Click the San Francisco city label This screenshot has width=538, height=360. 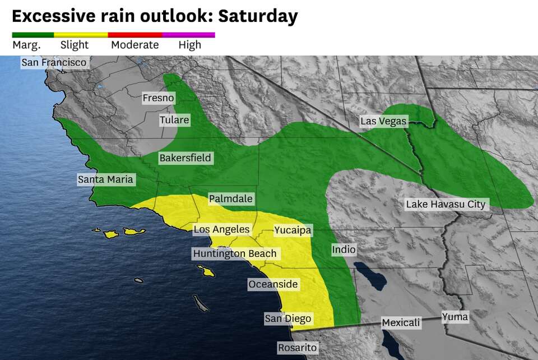click(54, 62)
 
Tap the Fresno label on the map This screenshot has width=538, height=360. click(158, 98)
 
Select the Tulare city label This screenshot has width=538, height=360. click(174, 120)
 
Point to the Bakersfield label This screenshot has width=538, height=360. click(185, 158)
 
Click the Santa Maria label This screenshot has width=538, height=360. click(105, 179)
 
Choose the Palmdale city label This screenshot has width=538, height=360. click(230, 199)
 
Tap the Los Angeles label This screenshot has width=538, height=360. click(221, 229)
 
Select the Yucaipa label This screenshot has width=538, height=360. click(292, 230)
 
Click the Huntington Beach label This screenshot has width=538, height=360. click(235, 253)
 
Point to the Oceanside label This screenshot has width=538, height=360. click(273, 284)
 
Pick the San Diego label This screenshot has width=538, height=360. click(287, 319)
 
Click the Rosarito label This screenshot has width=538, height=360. click(297, 348)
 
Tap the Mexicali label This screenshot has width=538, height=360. click(401, 322)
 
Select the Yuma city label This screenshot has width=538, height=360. click(454, 317)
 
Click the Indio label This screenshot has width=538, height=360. click(344, 250)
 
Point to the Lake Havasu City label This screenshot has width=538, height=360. click(446, 204)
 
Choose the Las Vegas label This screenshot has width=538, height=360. click(383, 121)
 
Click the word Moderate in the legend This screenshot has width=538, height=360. click(134, 45)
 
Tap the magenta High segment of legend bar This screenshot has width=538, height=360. click(196, 35)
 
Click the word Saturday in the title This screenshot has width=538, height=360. click(258, 16)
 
